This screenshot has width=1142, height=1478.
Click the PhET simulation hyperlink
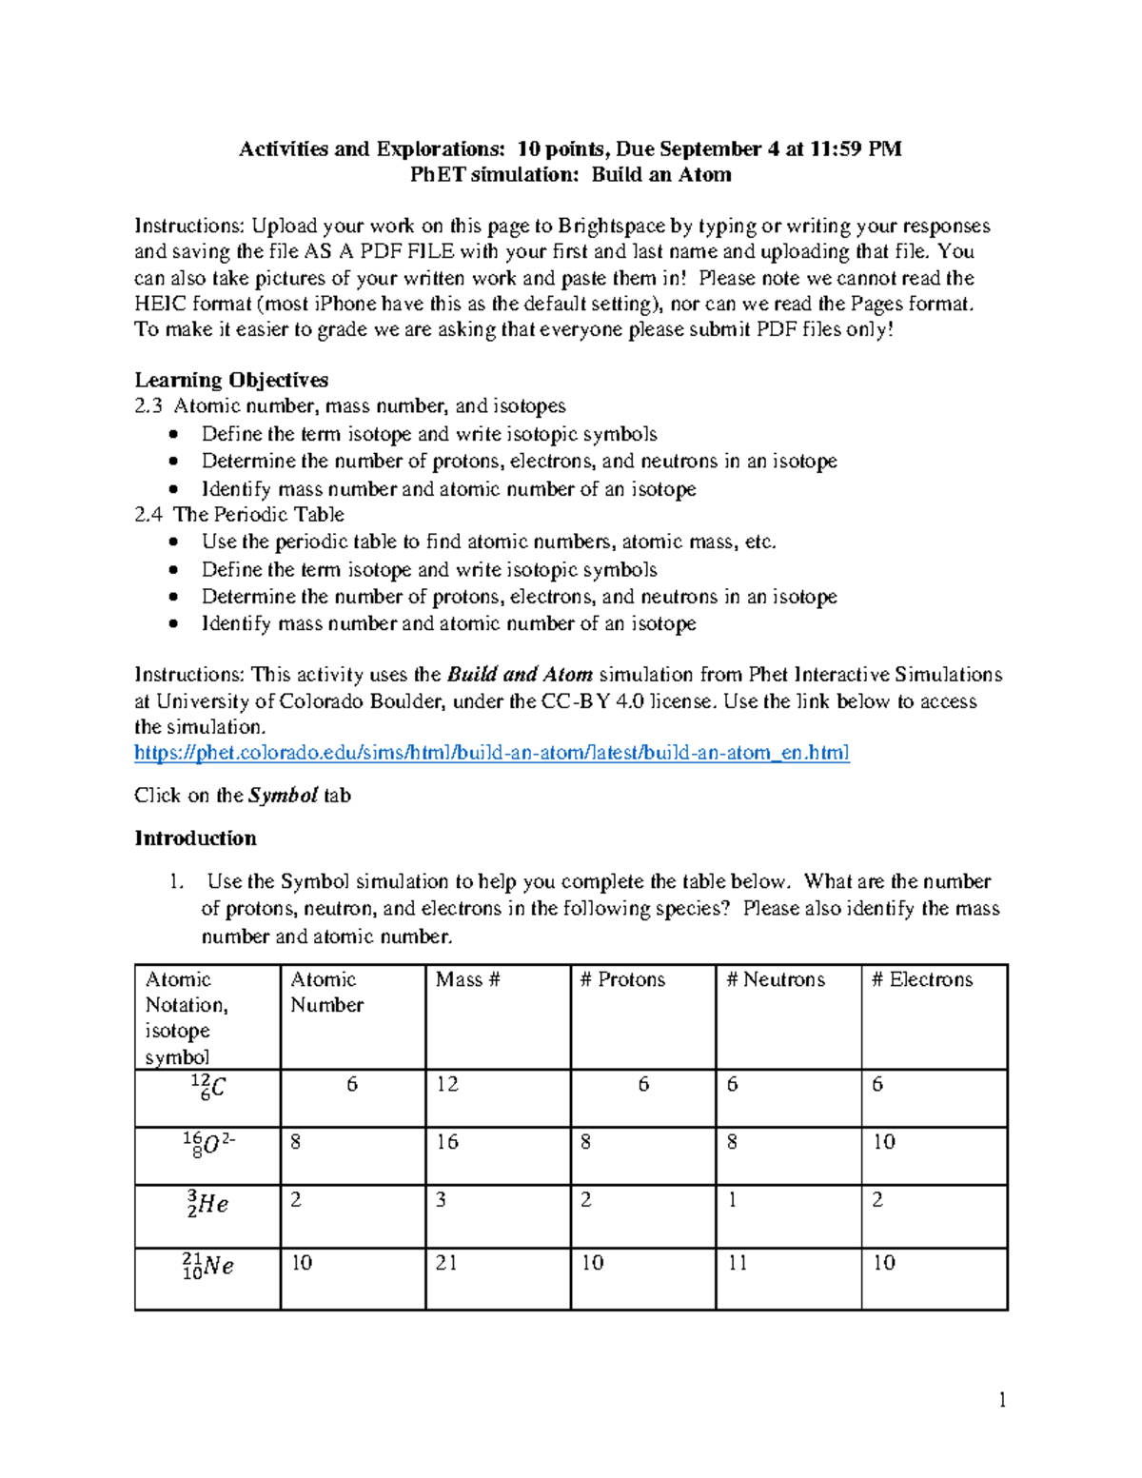pyautogui.click(x=491, y=753)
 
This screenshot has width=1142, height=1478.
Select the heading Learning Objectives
pyautogui.click(x=231, y=380)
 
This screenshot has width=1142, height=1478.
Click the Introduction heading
pyautogui.click(x=195, y=838)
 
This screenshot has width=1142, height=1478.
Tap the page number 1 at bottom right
pyautogui.click(x=1001, y=1400)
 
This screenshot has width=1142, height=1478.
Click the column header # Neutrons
pyautogui.click(x=775, y=979)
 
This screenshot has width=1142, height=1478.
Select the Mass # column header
pyautogui.click(x=467, y=979)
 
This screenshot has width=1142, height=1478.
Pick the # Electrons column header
pyautogui.click(x=921, y=979)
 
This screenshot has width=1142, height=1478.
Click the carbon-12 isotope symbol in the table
pyautogui.click(x=207, y=1087)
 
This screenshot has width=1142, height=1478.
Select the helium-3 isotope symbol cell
pyautogui.click(x=207, y=1204)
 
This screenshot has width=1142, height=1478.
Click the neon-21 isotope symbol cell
pyautogui.click(x=207, y=1266)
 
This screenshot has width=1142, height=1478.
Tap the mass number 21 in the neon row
pyautogui.click(x=446, y=1263)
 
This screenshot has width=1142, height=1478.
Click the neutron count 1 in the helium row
pyautogui.click(x=732, y=1200)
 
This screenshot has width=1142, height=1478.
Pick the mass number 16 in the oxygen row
pyautogui.click(x=446, y=1142)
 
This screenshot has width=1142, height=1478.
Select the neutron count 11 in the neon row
pyautogui.click(x=737, y=1263)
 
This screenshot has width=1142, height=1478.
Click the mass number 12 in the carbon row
pyautogui.click(x=446, y=1084)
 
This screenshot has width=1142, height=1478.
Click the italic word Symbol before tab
pyautogui.click(x=283, y=796)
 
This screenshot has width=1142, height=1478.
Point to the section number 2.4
pyautogui.click(x=148, y=515)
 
